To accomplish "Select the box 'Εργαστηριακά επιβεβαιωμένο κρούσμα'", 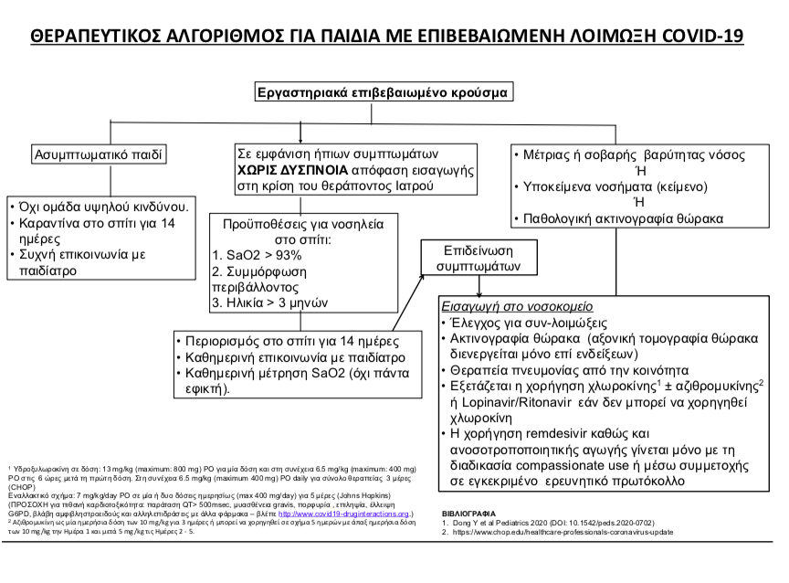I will [384, 92].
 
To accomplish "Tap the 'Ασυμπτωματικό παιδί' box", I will [100, 154].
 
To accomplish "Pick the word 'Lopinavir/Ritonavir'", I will [510, 400].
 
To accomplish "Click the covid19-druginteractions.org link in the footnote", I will [346, 514].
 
